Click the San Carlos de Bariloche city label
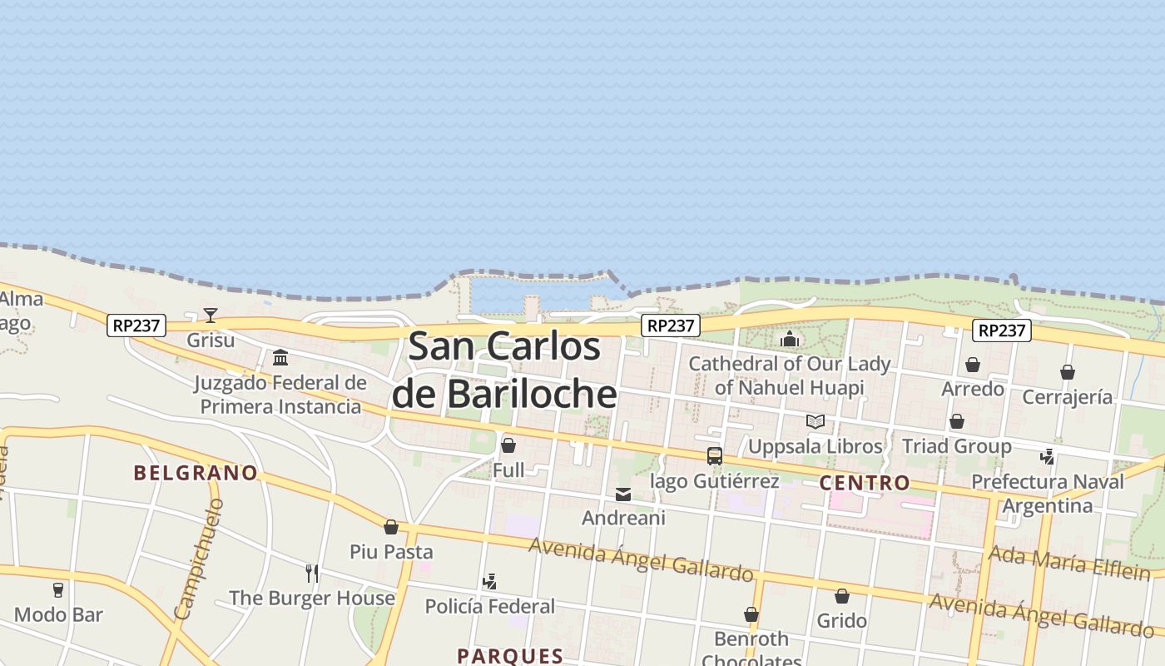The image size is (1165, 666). [504, 370]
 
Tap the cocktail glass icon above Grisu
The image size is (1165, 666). [211, 316]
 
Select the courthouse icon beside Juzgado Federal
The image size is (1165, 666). [280, 358]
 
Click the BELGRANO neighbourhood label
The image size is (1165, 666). [196, 473]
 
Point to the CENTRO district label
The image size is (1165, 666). [865, 483]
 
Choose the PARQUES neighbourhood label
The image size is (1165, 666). [510, 655]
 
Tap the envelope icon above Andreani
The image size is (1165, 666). [623, 495]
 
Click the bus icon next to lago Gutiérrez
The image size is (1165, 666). [715, 455]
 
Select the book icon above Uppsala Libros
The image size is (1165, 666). [815, 422]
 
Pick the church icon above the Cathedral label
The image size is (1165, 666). [790, 339]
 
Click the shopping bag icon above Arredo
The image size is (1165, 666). [973, 365]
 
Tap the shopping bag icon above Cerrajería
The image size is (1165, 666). [1068, 372]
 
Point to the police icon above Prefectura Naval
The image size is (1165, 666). [1048, 456]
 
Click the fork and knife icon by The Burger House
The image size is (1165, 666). [312, 573]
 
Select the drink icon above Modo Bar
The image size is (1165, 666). [58, 590]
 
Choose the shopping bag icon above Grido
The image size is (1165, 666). [842, 596]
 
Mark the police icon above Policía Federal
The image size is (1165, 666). [490, 582]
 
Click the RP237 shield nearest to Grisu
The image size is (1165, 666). [136, 326]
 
